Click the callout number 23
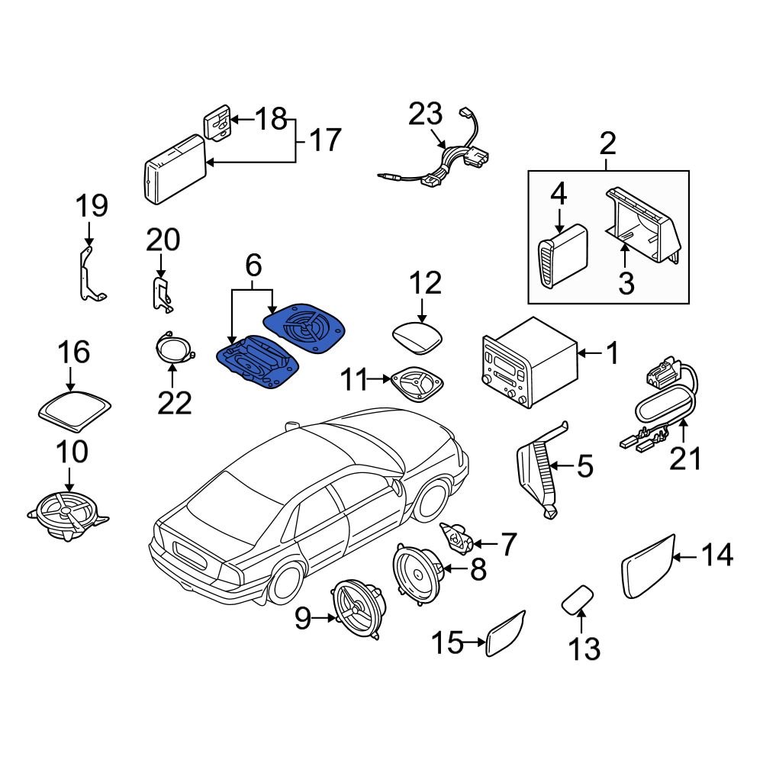click(x=425, y=116)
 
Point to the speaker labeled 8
click(x=417, y=570)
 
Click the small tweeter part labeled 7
click(x=459, y=537)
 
